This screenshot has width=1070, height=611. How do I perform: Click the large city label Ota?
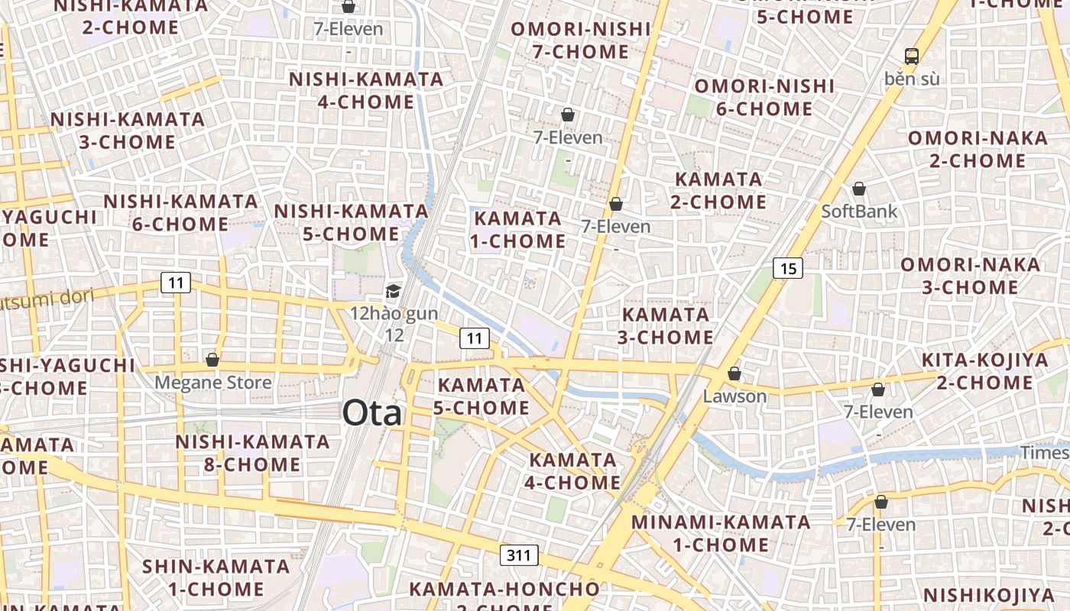[371, 413]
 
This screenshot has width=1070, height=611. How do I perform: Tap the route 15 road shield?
[788, 268]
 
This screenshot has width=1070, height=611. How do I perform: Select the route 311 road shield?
[519, 555]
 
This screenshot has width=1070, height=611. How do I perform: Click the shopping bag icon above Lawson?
[734, 373]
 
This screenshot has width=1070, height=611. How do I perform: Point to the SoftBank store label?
[859, 211]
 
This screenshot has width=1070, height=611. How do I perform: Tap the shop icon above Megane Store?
[212, 359]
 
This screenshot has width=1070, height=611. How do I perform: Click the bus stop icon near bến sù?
[911, 56]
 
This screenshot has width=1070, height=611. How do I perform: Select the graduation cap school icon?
[393, 291]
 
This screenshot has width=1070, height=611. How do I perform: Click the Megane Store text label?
[212, 382]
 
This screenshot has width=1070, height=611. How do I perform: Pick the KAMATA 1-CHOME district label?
[519, 230]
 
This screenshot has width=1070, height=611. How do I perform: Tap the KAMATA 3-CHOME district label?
[666, 325]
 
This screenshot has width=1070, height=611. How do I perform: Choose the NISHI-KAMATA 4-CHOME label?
[366, 90]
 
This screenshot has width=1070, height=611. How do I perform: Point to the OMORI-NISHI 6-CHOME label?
[764, 97]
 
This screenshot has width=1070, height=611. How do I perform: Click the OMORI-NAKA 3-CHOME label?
[970, 276]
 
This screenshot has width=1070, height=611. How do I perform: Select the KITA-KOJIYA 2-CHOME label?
[984, 371]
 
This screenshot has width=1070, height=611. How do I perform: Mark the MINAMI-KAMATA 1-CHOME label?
[721, 533]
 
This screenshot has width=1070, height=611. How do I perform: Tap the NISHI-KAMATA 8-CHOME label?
[252, 453]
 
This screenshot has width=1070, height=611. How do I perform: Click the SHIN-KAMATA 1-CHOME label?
[216, 577]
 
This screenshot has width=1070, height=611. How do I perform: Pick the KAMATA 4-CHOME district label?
[572, 471]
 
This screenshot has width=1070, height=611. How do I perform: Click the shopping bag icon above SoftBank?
[859, 189]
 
